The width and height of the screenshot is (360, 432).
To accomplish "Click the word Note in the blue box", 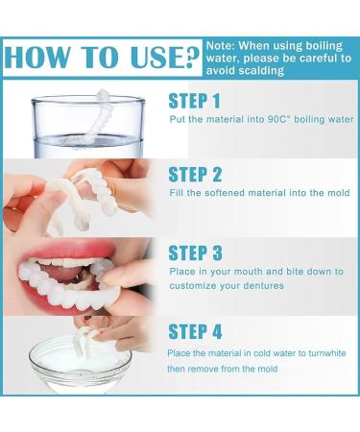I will coord(220,45).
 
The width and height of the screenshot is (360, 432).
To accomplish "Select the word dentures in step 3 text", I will coord(264,285).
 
